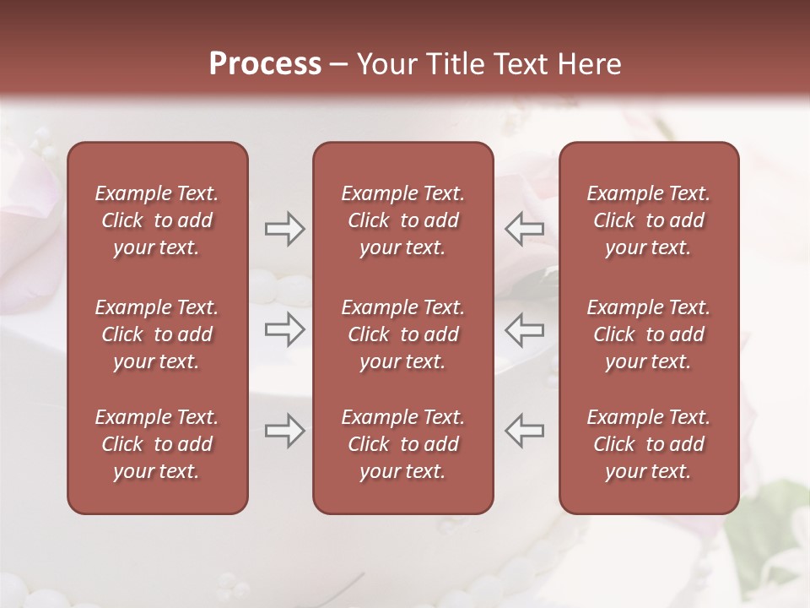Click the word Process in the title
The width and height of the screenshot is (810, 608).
[x=265, y=64]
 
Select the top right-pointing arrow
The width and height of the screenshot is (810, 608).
[x=285, y=228]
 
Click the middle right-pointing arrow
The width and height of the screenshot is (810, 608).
[x=285, y=330]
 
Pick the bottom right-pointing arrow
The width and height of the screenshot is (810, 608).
[x=285, y=431]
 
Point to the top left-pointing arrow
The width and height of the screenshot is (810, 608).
[x=525, y=228]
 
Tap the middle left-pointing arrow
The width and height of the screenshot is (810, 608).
[x=525, y=330]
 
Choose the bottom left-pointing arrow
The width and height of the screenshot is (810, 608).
[x=525, y=431]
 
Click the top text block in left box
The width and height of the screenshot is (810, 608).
[x=157, y=220]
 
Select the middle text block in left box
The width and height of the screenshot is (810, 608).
[x=157, y=334]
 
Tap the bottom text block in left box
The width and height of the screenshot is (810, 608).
[x=157, y=444]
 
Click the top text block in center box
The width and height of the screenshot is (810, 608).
[x=402, y=220]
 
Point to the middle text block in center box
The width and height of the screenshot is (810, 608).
[x=402, y=334]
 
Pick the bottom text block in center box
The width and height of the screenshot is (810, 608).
[x=402, y=444]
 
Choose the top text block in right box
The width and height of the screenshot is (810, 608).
[x=649, y=220]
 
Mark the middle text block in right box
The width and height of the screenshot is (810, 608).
[x=649, y=334]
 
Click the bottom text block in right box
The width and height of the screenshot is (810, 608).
[x=649, y=444]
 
